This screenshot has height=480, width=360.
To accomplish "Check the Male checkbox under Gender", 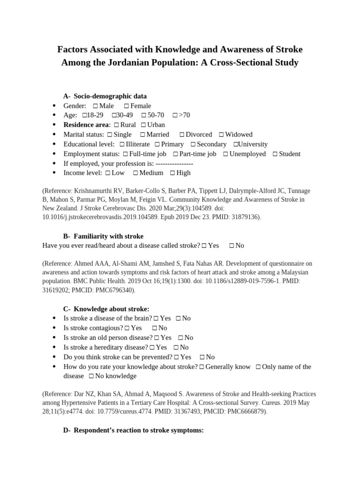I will tap(95, 106).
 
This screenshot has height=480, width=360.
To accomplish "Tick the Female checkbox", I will tap(126, 106).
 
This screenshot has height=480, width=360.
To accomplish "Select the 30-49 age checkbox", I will tap(114, 115).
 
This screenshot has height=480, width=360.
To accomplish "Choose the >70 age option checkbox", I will tap(174, 115).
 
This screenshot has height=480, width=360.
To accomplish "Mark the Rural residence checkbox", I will tap(116, 125).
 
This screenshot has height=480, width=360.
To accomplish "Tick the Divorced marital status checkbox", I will tap(182, 135).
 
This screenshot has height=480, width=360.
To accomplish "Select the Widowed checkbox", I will tap(221, 135).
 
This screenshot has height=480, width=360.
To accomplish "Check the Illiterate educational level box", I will tap(122, 144).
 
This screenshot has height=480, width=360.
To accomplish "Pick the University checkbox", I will tap(236, 144).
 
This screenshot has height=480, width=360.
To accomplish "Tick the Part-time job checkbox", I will tap(175, 154).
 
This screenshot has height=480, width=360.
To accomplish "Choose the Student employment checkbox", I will tap(275, 154).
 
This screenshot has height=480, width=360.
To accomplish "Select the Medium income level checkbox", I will tap(135, 173).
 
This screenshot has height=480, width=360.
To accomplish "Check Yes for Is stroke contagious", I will tap(127, 328).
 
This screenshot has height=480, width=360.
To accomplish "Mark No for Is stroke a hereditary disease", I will tap(176, 347).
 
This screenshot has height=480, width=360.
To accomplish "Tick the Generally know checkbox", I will tap(201, 367).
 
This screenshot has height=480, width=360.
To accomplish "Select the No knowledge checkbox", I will tap(91, 376).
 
